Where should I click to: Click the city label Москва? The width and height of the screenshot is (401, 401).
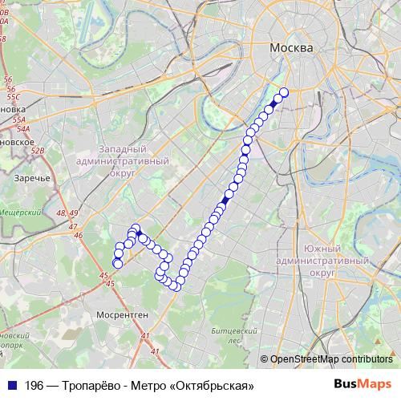pos(290,48)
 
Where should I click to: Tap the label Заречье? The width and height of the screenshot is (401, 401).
pos(33,178)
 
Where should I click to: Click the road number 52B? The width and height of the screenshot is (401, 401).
pos(37,150)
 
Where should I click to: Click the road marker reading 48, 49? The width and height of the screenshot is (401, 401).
pos(67,213)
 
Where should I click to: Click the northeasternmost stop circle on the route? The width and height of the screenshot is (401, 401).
pos(283,91)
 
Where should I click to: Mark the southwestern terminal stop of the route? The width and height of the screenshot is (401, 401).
pos(118,263)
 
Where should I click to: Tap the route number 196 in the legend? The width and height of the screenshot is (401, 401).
pos(34,386)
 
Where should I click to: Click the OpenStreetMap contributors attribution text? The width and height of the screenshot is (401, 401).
pos(331,359)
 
